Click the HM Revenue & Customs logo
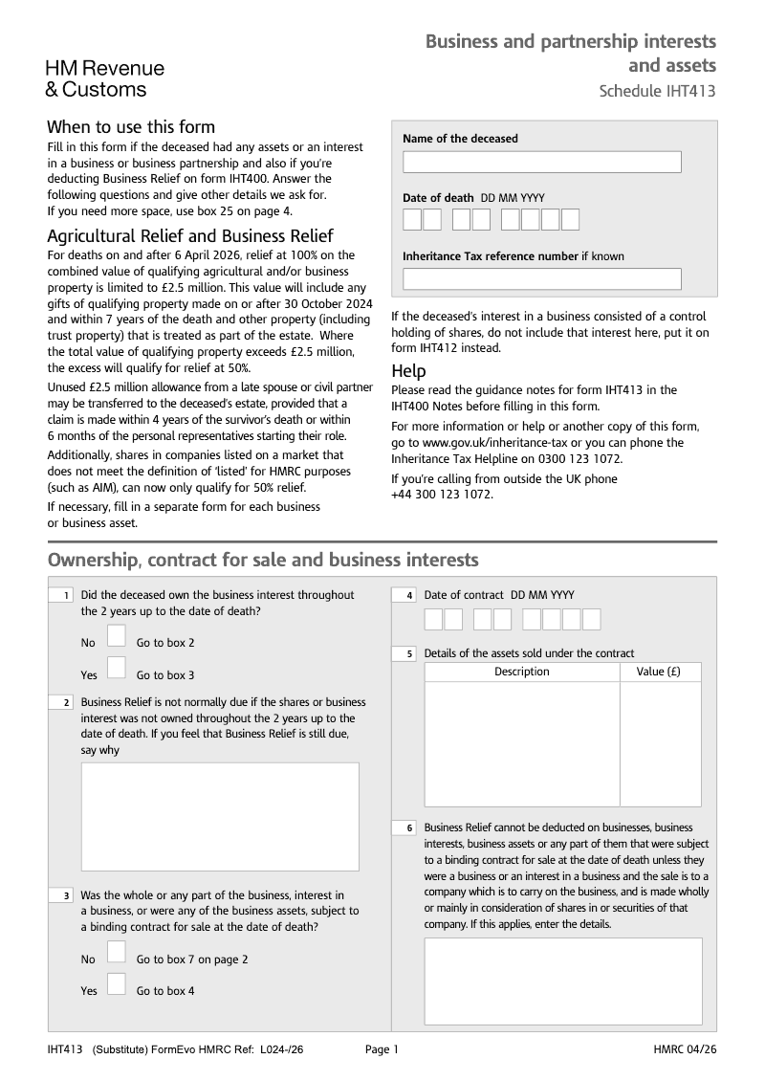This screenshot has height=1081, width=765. (105, 78)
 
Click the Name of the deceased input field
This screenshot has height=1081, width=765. (541, 162)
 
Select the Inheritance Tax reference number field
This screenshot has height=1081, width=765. (541, 278)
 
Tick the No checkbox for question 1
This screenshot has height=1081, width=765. (116, 636)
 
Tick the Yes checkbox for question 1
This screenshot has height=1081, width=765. (116, 668)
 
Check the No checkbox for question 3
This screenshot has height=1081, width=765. (116, 952)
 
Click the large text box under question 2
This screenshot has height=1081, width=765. (220, 816)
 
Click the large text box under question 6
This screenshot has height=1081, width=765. (562, 981)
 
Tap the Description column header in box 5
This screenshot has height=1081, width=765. (521, 672)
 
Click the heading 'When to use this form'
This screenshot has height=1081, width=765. (131, 127)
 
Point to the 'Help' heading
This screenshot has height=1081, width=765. (408, 371)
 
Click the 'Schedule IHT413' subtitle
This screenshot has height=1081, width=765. (657, 92)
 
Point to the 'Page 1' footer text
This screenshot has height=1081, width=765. (382, 1049)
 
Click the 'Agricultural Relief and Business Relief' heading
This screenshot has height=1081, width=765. (189, 236)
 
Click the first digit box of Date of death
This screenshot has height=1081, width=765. (412, 220)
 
